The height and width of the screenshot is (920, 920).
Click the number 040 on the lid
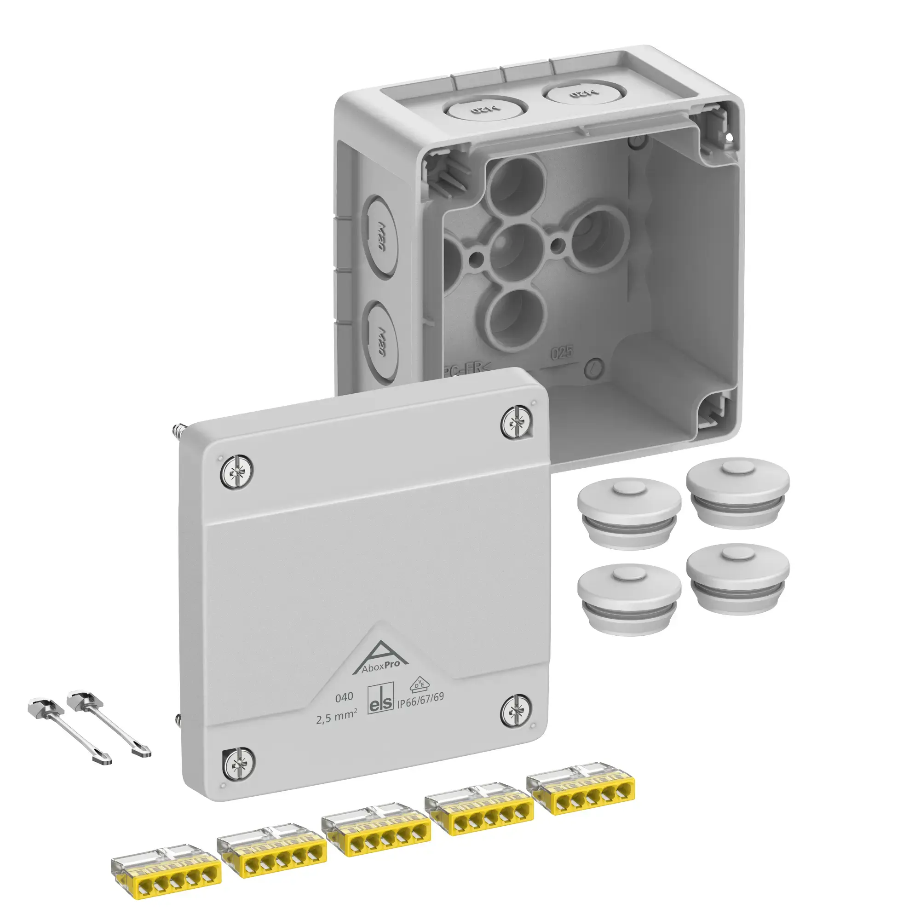point(344,698)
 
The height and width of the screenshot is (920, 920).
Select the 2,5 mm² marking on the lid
point(336,717)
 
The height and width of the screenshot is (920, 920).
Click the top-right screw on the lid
point(517,422)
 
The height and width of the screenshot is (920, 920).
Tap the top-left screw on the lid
point(236,471)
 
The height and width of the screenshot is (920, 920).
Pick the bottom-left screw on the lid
point(238,765)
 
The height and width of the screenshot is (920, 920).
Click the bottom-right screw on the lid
point(516,713)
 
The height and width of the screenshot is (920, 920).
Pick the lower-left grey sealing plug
point(628,599)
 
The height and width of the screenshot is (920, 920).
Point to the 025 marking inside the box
point(562,353)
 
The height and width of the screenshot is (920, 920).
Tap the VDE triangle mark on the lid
point(420,684)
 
